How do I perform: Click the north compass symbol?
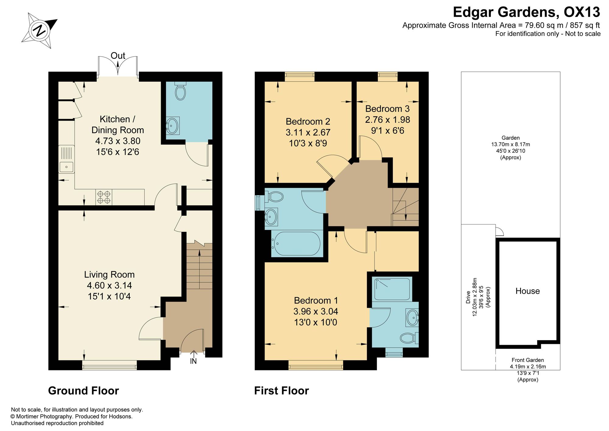pyautogui.click(x=39, y=30)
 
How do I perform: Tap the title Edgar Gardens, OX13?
pyautogui.click(x=526, y=12)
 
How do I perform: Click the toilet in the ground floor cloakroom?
pyautogui.click(x=180, y=91)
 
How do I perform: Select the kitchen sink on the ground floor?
pyautogui.click(x=66, y=159)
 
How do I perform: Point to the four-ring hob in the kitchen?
pyautogui.click(x=104, y=197)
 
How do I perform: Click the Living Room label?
pyautogui.click(x=109, y=275)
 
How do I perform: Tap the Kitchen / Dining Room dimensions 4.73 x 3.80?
pyautogui.click(x=118, y=141)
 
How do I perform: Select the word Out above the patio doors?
pyautogui.click(x=118, y=56)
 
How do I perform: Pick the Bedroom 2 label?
pyautogui.click(x=308, y=122)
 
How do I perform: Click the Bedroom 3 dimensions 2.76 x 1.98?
pyautogui.click(x=388, y=120)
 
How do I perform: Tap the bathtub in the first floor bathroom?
pyautogui.click(x=296, y=244)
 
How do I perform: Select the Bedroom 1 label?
pyautogui.click(x=316, y=301)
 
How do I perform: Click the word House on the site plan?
pyautogui.click(x=528, y=291)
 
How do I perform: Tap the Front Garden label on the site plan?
pyautogui.click(x=528, y=360)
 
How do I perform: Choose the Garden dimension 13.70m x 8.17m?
pyautogui.click(x=511, y=144)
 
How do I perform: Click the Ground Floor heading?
pyautogui.click(x=83, y=391)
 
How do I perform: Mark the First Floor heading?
pyautogui.click(x=282, y=391)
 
